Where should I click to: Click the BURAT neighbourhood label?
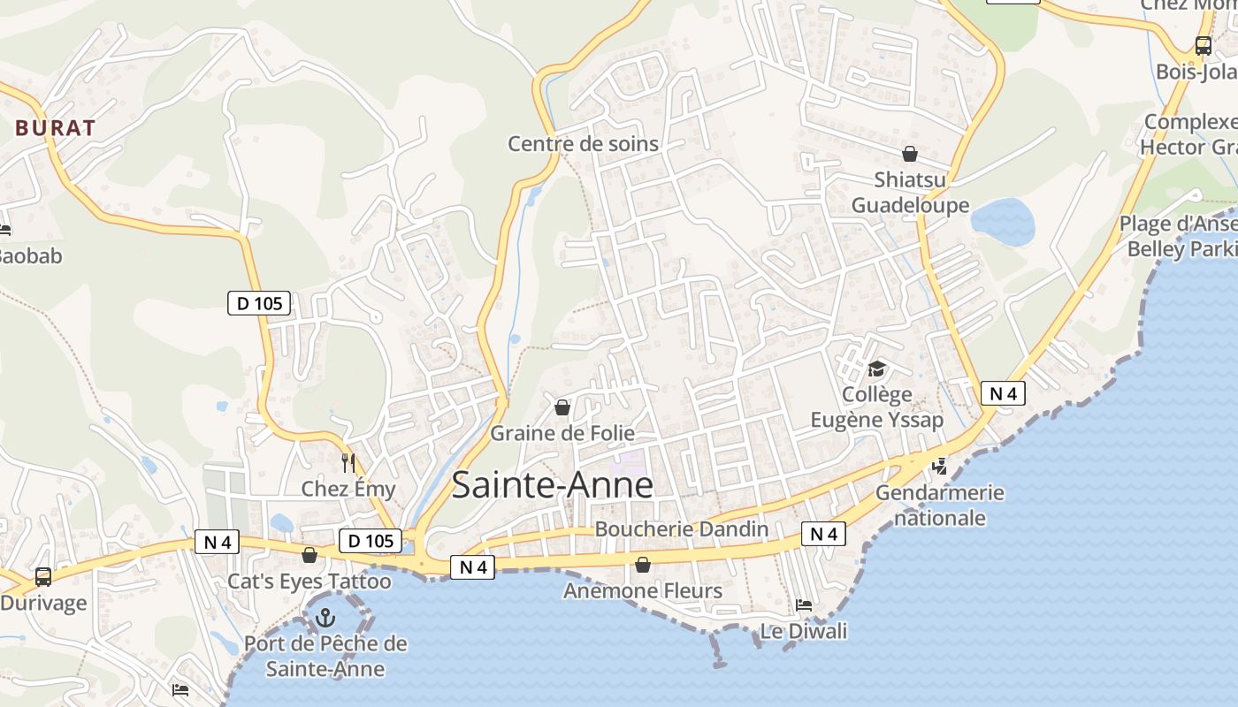[x=55, y=127]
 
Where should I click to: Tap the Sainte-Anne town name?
[x=553, y=485]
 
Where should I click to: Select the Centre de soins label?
[x=583, y=143]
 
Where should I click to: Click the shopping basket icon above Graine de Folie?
[x=562, y=407]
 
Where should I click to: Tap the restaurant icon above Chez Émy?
[x=348, y=462]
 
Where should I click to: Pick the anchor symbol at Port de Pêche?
[x=325, y=617]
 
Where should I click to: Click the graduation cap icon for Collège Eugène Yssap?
[x=876, y=368]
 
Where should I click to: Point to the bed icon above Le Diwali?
[x=804, y=605]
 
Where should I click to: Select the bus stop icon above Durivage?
[x=43, y=577]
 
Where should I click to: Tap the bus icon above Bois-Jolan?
[x=1203, y=46]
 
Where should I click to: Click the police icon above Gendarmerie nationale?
[x=939, y=466]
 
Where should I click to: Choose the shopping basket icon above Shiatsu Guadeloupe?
[x=910, y=154]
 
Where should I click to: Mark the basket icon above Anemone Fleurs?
[x=643, y=564]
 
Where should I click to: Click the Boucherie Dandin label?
[x=682, y=528]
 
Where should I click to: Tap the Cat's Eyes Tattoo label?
[x=309, y=581]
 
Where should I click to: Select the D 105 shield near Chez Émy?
[x=371, y=541]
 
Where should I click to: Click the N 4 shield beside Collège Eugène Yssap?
[x=1003, y=393]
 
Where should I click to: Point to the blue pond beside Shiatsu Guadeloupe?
[x=1004, y=221]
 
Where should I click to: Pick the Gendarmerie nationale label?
[x=940, y=505]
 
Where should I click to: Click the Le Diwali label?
[x=804, y=631]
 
